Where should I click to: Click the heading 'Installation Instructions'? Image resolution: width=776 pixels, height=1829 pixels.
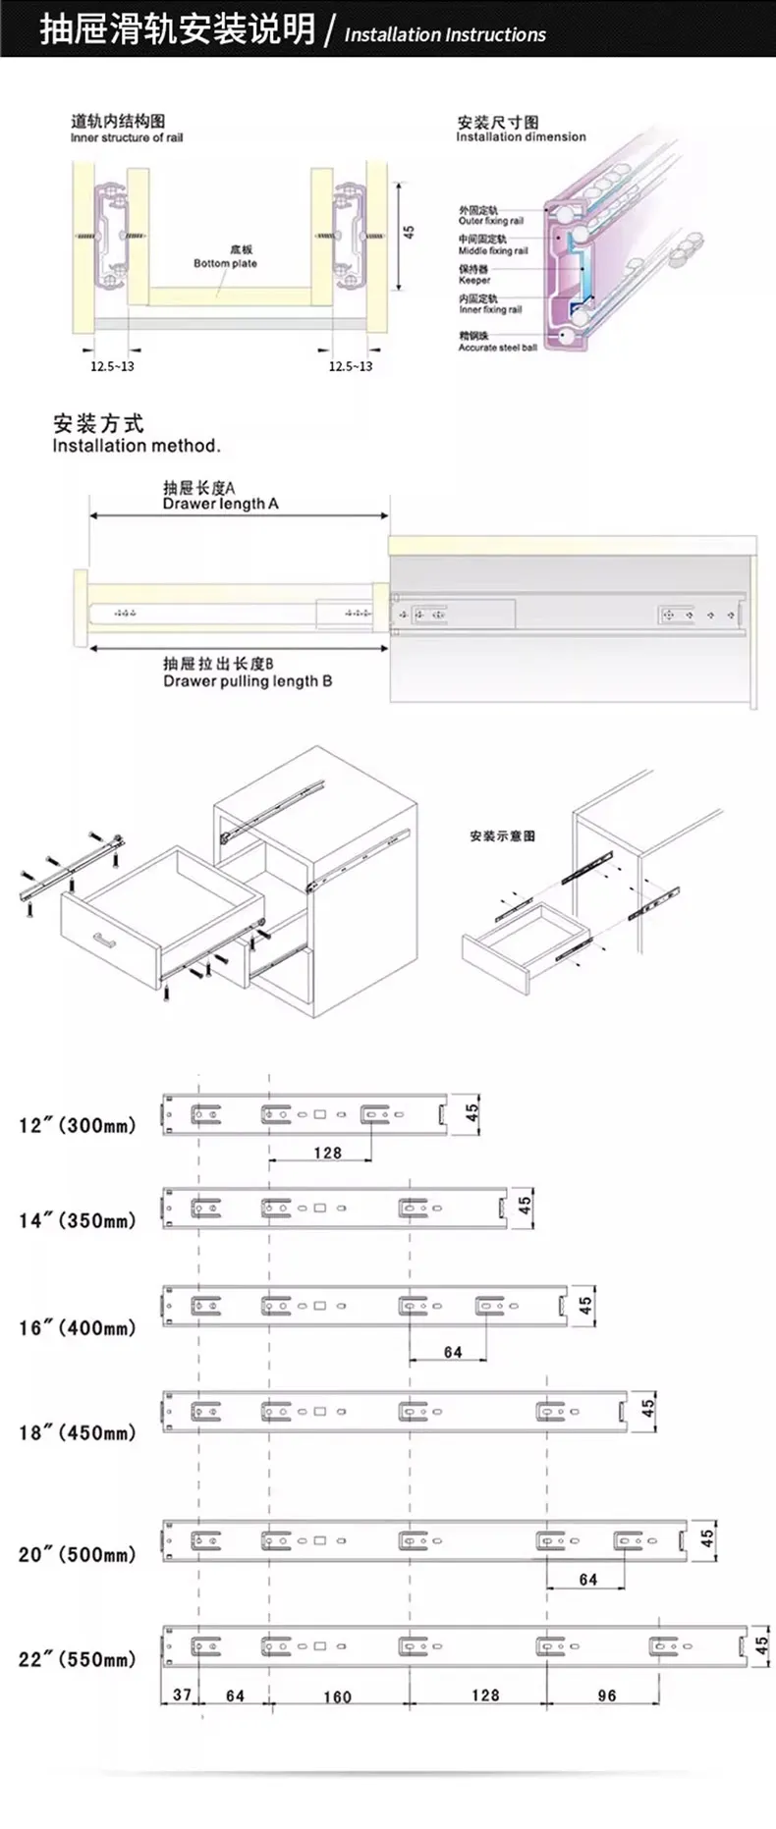pos(445,34)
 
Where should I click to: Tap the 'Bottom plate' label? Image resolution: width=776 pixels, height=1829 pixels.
pos(225,263)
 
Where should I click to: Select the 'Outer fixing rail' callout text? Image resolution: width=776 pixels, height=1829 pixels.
pos(490,221)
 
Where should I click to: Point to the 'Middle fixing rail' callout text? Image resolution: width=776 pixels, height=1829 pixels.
pos(493,250)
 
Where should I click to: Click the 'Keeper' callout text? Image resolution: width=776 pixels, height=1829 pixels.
pos(474,280)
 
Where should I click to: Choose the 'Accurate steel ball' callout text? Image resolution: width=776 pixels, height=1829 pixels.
pos(497,348)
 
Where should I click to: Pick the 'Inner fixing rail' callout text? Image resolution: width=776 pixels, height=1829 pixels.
pos(490,309)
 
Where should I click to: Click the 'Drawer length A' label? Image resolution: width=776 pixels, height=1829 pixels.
pos(221,504)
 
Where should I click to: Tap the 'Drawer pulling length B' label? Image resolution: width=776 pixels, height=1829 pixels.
pos(248,681)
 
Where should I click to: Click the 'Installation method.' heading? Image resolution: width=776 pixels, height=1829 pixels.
pos(137,446)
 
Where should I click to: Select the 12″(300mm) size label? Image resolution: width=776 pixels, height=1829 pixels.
pos(78,1125)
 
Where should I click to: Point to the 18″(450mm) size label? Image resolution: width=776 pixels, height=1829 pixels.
pos(78,1432)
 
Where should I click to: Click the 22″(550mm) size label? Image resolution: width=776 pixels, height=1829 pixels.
pos(78,1659)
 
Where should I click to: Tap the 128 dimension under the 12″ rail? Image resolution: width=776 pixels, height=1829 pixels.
pos(328,1153)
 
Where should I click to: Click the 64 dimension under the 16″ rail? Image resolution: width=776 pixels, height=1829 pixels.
pos(453,1352)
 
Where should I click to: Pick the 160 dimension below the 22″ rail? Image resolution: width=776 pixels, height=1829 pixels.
pos(337,1696)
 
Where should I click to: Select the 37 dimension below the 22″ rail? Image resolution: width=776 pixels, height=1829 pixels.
pos(183,1695)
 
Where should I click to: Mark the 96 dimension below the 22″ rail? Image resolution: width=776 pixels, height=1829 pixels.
pos(607,1695)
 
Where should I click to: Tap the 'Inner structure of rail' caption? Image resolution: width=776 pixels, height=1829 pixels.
pos(127,137)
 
